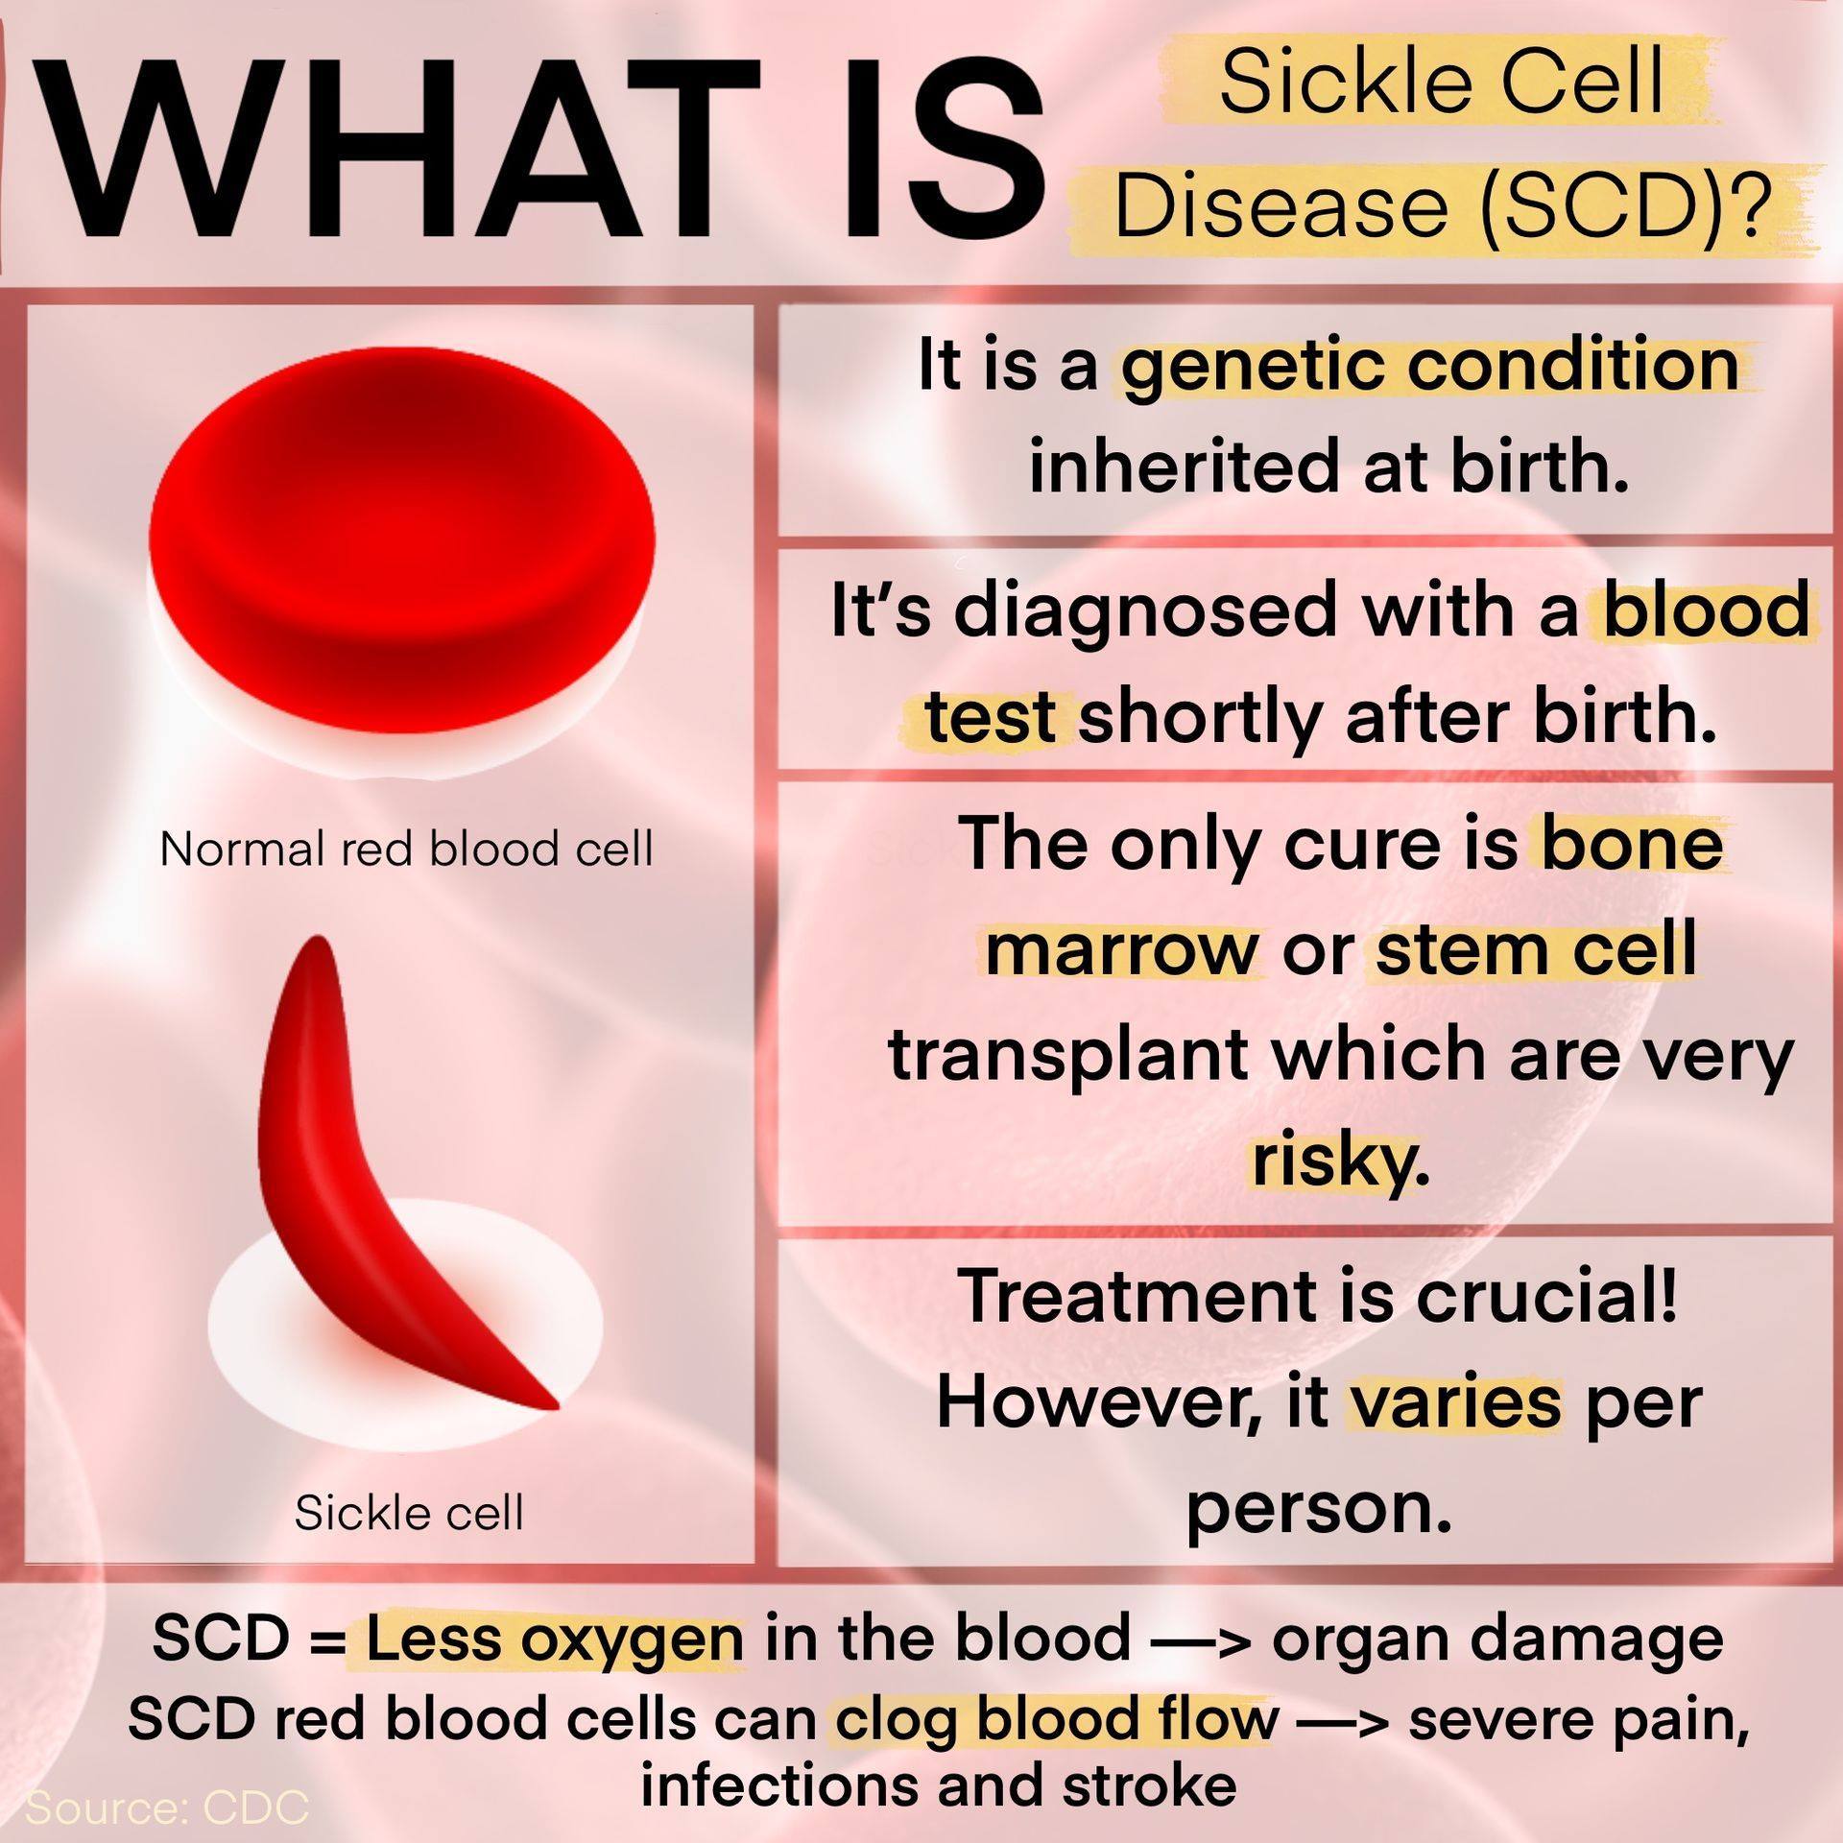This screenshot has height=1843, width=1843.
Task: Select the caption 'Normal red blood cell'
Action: [406, 849]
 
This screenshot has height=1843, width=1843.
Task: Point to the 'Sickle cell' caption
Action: [409, 1514]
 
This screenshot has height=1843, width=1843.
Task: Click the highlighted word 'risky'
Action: [1333, 1160]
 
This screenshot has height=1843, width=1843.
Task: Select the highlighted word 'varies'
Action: [1456, 1403]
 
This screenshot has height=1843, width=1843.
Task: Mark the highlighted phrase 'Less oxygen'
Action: [555, 1640]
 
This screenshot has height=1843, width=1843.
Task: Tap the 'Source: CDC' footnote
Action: [167, 1807]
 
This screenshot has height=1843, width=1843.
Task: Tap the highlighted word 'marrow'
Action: [1121, 950]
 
